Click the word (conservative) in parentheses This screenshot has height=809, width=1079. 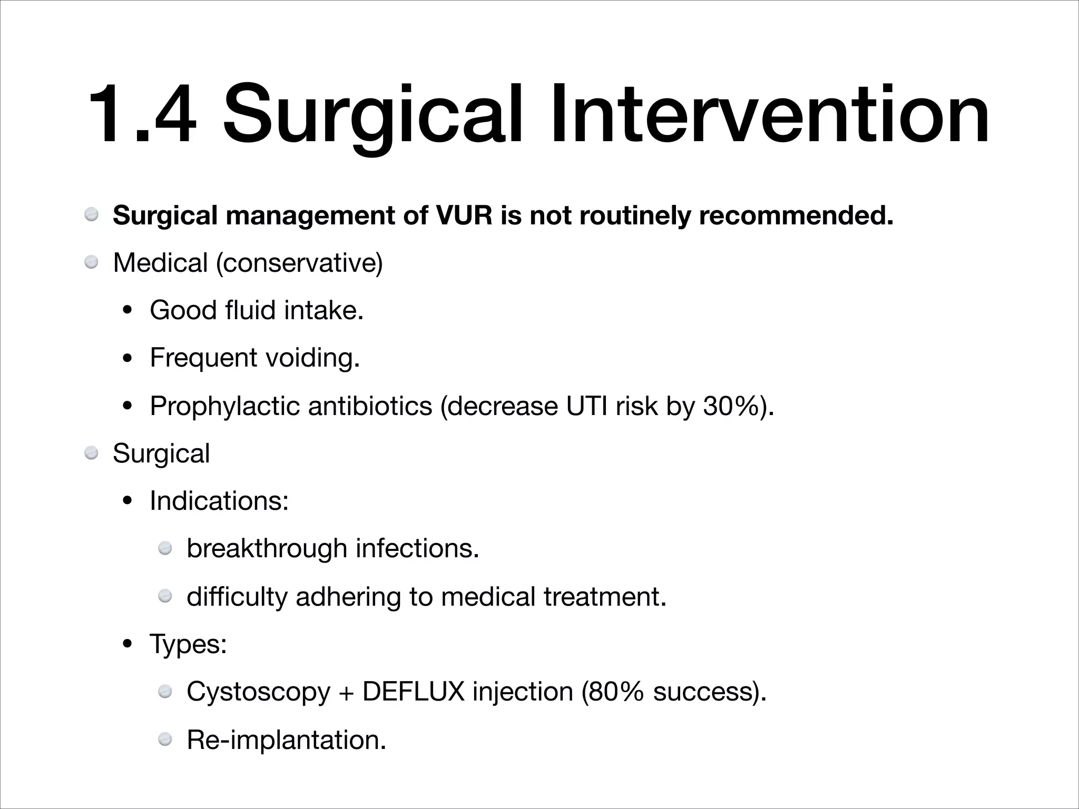299,263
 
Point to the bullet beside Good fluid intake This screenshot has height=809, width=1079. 127,311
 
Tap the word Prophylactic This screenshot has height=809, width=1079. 224,406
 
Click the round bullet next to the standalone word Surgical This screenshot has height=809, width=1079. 92,452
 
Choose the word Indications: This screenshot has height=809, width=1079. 219,500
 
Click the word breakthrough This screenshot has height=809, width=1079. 267,548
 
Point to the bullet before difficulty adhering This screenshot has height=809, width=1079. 165,596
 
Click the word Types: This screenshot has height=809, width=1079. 188,644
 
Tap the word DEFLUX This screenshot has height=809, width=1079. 414,692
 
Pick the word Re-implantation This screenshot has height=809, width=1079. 286,739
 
